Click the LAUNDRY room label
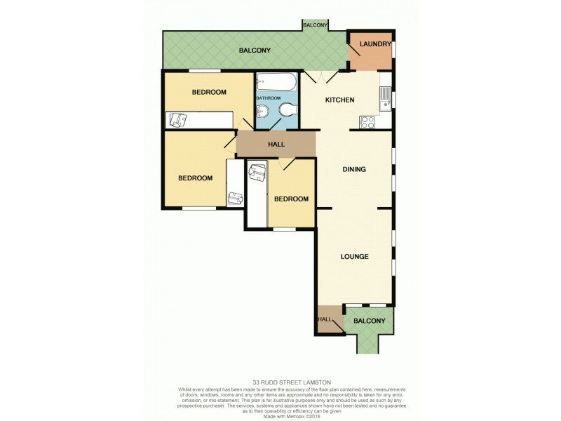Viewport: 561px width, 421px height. click(374, 44)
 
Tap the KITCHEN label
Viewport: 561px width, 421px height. click(339, 100)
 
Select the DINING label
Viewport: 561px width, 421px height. click(355, 169)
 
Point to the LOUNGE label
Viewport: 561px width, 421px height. click(355, 256)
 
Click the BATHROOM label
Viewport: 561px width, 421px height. click(268, 98)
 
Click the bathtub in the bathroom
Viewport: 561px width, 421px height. click(276, 82)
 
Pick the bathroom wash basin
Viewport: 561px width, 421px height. click(263, 112)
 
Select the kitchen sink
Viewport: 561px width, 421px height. click(385, 98)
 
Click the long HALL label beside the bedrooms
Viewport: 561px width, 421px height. click(276, 145)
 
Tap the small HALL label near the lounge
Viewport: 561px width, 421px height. click(325, 319)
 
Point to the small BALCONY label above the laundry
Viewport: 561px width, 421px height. click(316, 25)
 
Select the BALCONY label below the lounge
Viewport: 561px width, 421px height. click(370, 321)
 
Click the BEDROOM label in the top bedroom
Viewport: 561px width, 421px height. click(209, 93)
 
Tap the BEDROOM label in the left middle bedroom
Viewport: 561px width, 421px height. click(195, 178)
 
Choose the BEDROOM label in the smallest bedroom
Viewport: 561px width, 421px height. click(291, 199)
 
